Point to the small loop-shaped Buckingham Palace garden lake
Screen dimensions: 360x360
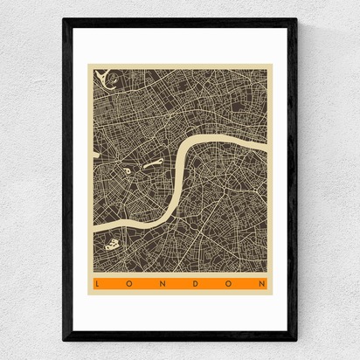coord(128,171)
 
